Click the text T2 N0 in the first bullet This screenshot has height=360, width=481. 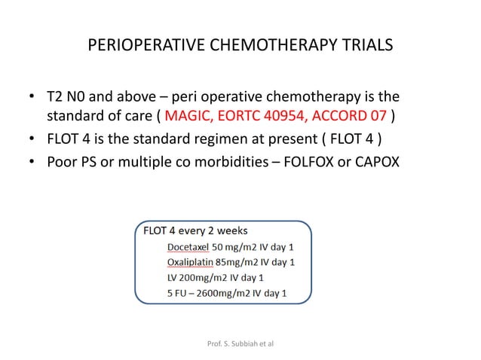[x=63, y=98]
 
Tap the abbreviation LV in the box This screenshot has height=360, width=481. [x=172, y=278]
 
